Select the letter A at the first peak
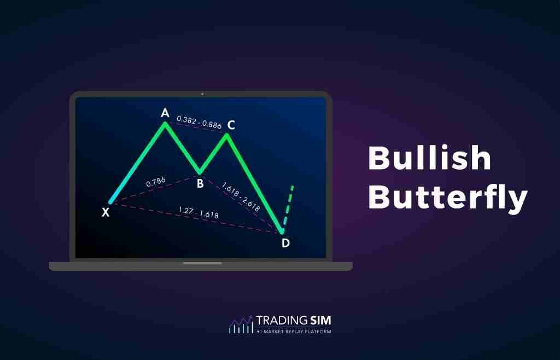tap(165, 113)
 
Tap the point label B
tap(200, 184)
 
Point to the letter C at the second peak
tap(231, 125)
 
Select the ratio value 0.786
tap(157, 183)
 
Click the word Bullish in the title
tap(429, 159)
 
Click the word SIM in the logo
tap(317, 321)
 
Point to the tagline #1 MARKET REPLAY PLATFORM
tap(294, 332)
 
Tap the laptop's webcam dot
tap(202, 94)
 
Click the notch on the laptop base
tap(202, 263)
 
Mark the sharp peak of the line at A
tap(165, 123)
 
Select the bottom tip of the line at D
tap(282, 233)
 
